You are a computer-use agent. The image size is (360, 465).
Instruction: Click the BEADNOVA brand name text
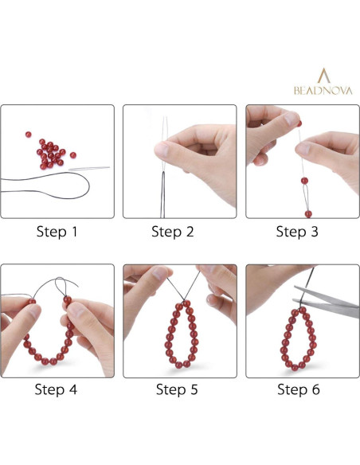323,91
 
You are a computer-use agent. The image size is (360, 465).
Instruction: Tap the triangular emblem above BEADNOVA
323,76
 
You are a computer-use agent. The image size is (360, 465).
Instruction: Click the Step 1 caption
57,232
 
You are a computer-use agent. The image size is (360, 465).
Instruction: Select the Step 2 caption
173,232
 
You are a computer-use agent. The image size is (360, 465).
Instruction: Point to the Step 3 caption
297,232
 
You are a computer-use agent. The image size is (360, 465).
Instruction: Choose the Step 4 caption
56,389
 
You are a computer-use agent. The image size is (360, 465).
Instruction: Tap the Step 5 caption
177,389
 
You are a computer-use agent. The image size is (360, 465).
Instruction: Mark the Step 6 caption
299,389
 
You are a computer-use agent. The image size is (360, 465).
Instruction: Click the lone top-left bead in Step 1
28,135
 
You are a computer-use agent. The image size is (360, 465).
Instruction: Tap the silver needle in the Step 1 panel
89,169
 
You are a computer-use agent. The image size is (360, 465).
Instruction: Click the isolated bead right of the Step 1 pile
73,155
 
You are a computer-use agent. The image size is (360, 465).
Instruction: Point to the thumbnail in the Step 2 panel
162,150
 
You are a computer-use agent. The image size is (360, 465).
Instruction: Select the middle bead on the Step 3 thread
304,181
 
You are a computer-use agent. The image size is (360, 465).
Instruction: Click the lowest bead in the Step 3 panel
308,214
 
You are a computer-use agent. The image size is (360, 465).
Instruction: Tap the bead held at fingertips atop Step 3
299,123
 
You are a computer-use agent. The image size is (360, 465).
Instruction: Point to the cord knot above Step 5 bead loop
182,301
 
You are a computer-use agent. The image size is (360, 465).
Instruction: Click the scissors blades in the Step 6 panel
327,302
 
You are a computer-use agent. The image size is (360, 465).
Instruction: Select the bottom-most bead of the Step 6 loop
295,368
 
